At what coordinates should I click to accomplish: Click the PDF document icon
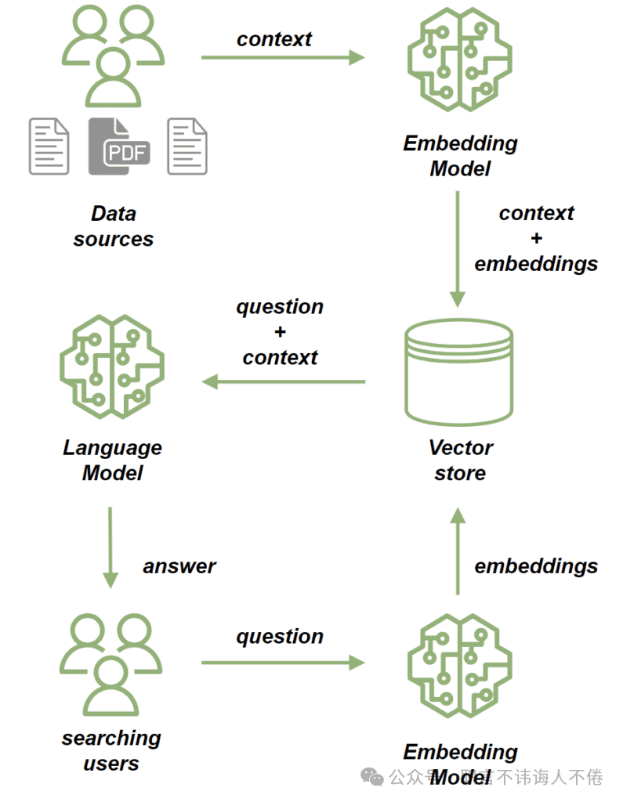click(118, 146)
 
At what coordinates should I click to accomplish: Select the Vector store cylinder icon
click(459, 372)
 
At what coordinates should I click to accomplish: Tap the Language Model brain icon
click(112, 365)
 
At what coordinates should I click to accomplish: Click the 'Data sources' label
click(113, 226)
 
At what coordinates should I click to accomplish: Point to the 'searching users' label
click(111, 750)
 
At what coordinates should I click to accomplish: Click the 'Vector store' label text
click(460, 461)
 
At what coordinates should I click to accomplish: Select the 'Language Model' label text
click(112, 461)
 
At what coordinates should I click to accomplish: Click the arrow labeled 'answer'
click(110, 547)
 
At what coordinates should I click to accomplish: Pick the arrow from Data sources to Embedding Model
click(283, 57)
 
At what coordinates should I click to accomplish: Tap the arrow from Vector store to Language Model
click(283, 381)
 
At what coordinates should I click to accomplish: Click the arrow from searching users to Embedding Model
click(283, 663)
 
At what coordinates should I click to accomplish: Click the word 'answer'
click(179, 565)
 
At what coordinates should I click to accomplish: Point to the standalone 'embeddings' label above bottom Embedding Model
click(536, 565)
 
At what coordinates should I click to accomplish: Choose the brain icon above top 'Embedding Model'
click(459, 61)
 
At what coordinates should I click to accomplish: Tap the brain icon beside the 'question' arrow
click(459, 666)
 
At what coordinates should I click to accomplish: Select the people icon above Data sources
click(113, 56)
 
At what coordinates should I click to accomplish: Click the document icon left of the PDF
click(49, 146)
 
